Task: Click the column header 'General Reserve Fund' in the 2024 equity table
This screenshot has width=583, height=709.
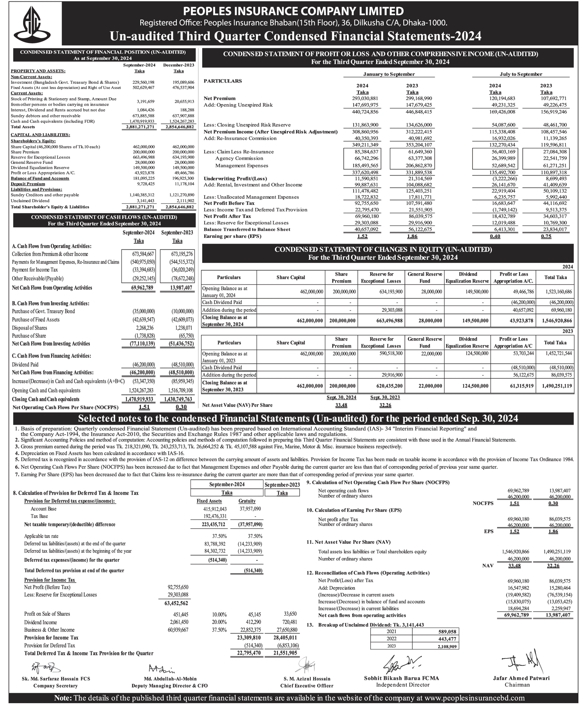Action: [x=425, y=278]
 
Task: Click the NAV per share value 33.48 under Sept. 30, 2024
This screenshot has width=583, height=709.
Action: [x=341, y=405]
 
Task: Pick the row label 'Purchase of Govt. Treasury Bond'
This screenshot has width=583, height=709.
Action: [x=43, y=311]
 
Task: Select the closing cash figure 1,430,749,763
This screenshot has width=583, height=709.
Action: [x=178, y=399]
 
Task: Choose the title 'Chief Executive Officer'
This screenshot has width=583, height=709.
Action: [x=307, y=686]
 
